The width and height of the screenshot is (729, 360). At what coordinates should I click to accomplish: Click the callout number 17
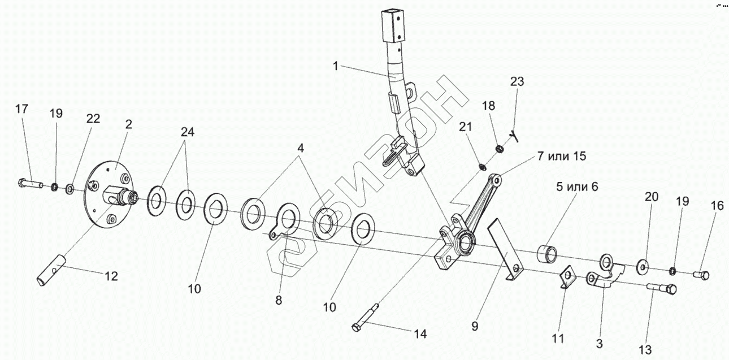[21, 109]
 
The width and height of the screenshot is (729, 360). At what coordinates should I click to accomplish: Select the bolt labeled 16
[701, 275]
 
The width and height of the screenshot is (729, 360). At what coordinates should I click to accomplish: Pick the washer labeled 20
[643, 264]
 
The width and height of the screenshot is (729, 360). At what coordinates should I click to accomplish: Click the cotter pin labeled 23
[515, 135]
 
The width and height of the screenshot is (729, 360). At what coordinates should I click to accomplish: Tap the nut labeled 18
[500, 149]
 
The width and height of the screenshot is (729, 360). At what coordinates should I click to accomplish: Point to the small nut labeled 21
[482, 167]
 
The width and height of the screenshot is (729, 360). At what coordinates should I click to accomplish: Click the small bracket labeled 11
[566, 277]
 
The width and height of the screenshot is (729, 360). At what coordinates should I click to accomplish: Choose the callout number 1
[335, 66]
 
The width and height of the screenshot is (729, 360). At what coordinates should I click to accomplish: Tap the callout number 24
[188, 132]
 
